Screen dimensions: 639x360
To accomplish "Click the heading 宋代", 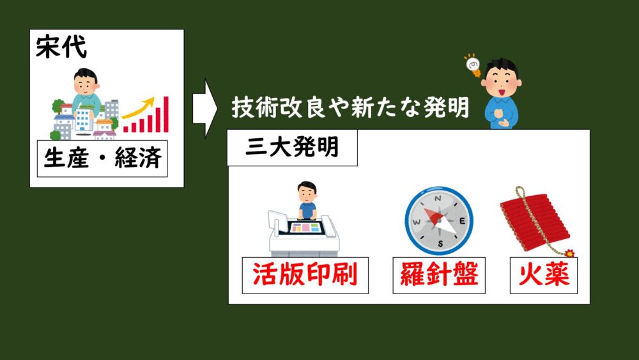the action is point(61,47).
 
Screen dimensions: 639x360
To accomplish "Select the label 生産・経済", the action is point(102,158).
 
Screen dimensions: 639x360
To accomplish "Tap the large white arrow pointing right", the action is point(205,109).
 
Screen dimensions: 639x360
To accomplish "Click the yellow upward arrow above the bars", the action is point(139,107).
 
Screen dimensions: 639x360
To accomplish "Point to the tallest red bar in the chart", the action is point(166,114).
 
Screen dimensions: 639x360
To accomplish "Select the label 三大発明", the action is point(292,147).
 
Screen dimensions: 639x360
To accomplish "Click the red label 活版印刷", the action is point(305,274).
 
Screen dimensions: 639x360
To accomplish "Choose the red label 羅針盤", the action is point(439,274).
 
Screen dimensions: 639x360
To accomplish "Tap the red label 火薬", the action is point(544,274).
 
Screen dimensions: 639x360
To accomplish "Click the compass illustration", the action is point(439,221).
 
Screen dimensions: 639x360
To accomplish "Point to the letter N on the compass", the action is point(438,199).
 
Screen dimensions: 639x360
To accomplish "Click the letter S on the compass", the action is point(440,244).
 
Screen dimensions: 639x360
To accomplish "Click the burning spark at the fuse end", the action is point(569,253).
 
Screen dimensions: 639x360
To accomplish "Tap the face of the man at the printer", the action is point(307,195).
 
